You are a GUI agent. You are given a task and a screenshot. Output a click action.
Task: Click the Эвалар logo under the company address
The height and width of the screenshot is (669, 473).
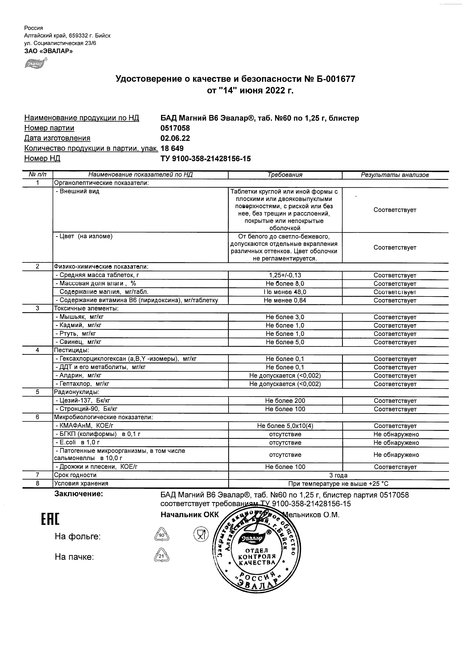tap(36, 63)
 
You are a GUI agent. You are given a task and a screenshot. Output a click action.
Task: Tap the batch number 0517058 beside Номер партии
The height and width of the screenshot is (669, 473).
tap(175, 128)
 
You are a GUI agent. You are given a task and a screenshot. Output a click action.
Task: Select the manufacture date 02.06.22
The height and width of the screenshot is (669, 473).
tap(175, 138)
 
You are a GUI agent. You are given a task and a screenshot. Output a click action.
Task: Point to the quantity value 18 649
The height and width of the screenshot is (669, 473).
tap(172, 148)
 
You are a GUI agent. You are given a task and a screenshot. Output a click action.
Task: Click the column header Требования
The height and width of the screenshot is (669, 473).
tap(285, 175)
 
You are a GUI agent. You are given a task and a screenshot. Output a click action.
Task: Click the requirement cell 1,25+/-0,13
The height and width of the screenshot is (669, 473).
tap(285, 275)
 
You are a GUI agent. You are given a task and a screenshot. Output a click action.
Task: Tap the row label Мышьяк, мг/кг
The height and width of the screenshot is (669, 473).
tap(80, 317)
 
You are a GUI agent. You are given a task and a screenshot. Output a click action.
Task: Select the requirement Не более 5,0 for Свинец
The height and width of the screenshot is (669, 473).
tap(285, 342)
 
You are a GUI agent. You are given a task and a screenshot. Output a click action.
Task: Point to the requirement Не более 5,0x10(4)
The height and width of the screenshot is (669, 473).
tap(285, 426)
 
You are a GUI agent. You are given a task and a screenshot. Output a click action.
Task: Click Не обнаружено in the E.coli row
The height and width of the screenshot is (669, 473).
tap(396, 443)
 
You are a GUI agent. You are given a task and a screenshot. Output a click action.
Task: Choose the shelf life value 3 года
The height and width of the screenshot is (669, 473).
tap(338, 475)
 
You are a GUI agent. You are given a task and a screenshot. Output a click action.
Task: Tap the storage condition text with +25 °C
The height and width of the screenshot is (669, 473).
tap(338, 484)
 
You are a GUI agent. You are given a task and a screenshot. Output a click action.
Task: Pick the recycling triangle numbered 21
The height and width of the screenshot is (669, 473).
tap(161, 556)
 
